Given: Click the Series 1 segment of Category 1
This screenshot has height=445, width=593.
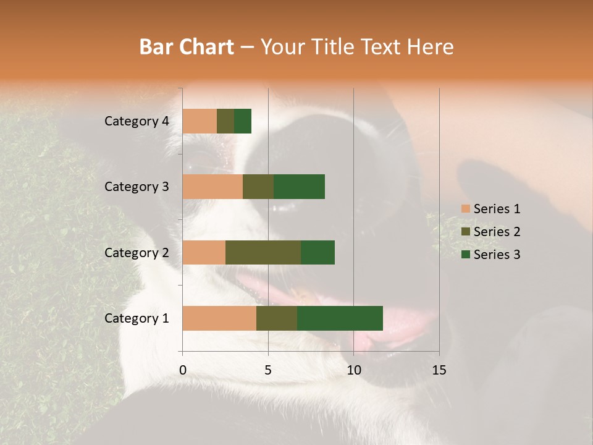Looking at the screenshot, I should pos(219,318).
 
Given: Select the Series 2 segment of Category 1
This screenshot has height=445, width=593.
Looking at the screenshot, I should pos(277,318).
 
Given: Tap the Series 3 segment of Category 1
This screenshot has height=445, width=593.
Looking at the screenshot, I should pos(340,318).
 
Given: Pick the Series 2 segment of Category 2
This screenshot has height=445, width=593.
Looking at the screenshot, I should pos(263,252).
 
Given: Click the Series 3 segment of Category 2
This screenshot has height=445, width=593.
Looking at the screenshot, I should pos(318,252).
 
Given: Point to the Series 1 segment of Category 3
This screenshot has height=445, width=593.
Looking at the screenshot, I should pos(212,187).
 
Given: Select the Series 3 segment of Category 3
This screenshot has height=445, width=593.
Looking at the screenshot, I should pos(299,187).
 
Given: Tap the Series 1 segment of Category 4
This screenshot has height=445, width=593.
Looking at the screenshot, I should pos(200,121).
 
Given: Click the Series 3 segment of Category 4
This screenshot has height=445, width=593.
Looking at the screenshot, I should pos(243,121).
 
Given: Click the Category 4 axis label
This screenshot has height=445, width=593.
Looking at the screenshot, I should pos(137,121).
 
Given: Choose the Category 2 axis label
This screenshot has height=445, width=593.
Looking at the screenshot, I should pos(137,252).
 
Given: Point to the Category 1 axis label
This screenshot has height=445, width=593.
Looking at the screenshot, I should pos(137,318).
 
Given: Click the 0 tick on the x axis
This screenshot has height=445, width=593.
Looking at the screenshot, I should pos(183,370).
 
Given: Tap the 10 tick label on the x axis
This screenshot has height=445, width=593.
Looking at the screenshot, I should pos(353,370).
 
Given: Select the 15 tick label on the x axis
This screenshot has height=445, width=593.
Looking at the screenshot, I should pos(439,370).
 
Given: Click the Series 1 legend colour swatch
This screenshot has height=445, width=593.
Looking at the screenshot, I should pos(465,209).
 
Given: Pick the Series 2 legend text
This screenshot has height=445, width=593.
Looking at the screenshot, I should pos(497,232).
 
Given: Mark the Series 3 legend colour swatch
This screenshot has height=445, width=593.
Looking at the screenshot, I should pos(465,255).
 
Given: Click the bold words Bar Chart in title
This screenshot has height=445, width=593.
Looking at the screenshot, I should pos(187,46).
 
